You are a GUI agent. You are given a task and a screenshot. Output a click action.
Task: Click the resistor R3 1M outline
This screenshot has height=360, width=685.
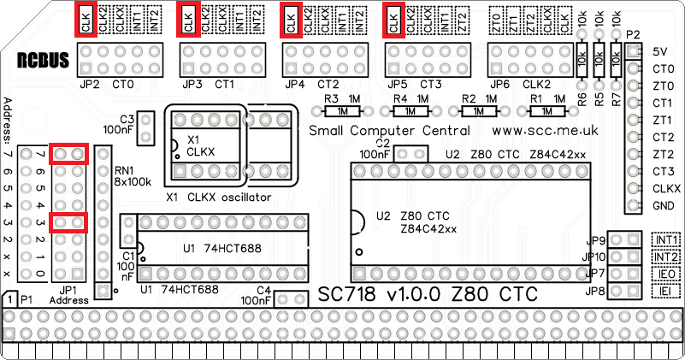point(342,111)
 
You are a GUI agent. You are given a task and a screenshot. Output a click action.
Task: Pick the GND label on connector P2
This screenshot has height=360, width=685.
point(661,206)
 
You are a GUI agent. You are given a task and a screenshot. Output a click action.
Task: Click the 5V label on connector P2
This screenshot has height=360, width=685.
point(658,52)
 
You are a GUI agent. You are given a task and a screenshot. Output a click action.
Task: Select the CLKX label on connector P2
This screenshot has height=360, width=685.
point(665,189)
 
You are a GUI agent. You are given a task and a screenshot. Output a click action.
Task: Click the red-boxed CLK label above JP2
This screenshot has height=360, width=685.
point(86,20)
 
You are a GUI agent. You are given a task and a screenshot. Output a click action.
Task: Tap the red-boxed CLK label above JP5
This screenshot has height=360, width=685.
point(393,20)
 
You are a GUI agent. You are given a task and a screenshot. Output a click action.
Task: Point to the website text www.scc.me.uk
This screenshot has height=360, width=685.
point(545,131)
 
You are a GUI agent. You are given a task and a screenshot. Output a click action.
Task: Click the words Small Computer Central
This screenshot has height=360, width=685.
point(389,131)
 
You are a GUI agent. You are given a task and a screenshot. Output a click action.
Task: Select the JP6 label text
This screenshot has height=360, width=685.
point(499,86)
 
